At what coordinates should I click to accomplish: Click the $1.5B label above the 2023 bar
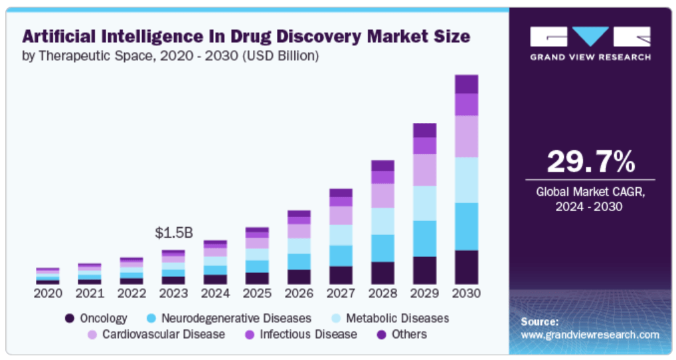pos(173,233)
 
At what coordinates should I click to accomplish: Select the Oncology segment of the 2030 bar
pos(466,267)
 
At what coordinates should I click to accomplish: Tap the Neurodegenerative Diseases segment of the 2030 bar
pos(466,226)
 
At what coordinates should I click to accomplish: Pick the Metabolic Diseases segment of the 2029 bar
pos(424,203)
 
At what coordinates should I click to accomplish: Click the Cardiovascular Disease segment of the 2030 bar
pos(466,136)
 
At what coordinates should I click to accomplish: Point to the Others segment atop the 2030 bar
pos(466,84)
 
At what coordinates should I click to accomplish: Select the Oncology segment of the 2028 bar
pos(382,273)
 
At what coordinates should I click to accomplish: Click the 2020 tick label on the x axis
pos(48,293)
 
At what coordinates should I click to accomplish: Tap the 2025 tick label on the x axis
pos(257,293)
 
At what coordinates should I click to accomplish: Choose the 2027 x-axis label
pos(341,293)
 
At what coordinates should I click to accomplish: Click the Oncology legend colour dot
pos(70,318)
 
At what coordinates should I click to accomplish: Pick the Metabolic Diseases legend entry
pos(397,318)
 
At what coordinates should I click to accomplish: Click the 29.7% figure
pos(590,161)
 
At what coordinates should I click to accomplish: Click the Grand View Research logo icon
pos(590,37)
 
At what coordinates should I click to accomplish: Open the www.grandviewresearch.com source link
pos(590,335)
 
